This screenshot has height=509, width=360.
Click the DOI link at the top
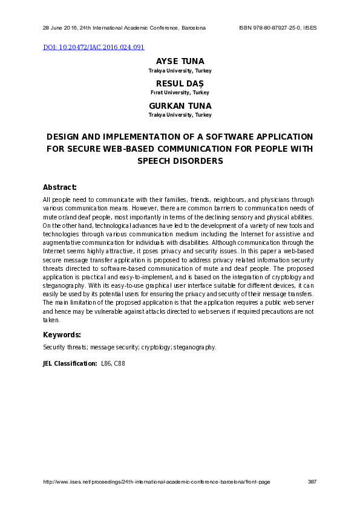tap(93, 47)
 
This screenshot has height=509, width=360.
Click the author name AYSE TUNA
tap(180, 62)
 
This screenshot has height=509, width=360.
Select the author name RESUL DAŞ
tap(180, 84)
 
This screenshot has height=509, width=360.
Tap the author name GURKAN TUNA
tap(180, 106)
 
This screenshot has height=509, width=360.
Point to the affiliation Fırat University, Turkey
tap(180, 92)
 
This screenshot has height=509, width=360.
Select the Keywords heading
tap(62, 334)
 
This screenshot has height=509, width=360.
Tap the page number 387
tap(312, 481)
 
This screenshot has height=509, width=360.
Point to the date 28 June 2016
tap(59, 28)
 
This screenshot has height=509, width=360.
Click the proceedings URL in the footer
tap(156, 481)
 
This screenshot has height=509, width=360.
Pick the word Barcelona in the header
tap(194, 28)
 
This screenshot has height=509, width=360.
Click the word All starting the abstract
tap(47, 199)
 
